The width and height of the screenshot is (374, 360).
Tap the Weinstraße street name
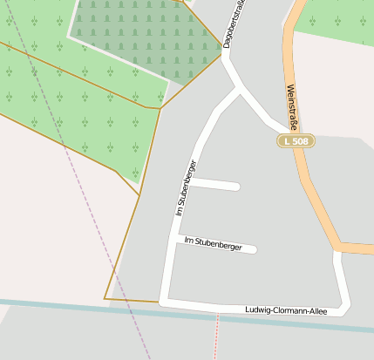click(x=293, y=107)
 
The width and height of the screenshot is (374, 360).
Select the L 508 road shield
click(x=296, y=140)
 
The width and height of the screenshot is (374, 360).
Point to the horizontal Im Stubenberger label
click(x=212, y=242)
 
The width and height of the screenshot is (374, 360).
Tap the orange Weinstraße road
click(x=307, y=174)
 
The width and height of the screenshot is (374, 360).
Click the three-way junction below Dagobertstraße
click(x=237, y=89)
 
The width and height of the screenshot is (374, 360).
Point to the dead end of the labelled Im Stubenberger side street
click(x=254, y=249)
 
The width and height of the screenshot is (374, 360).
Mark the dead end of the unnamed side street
click(x=236, y=186)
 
